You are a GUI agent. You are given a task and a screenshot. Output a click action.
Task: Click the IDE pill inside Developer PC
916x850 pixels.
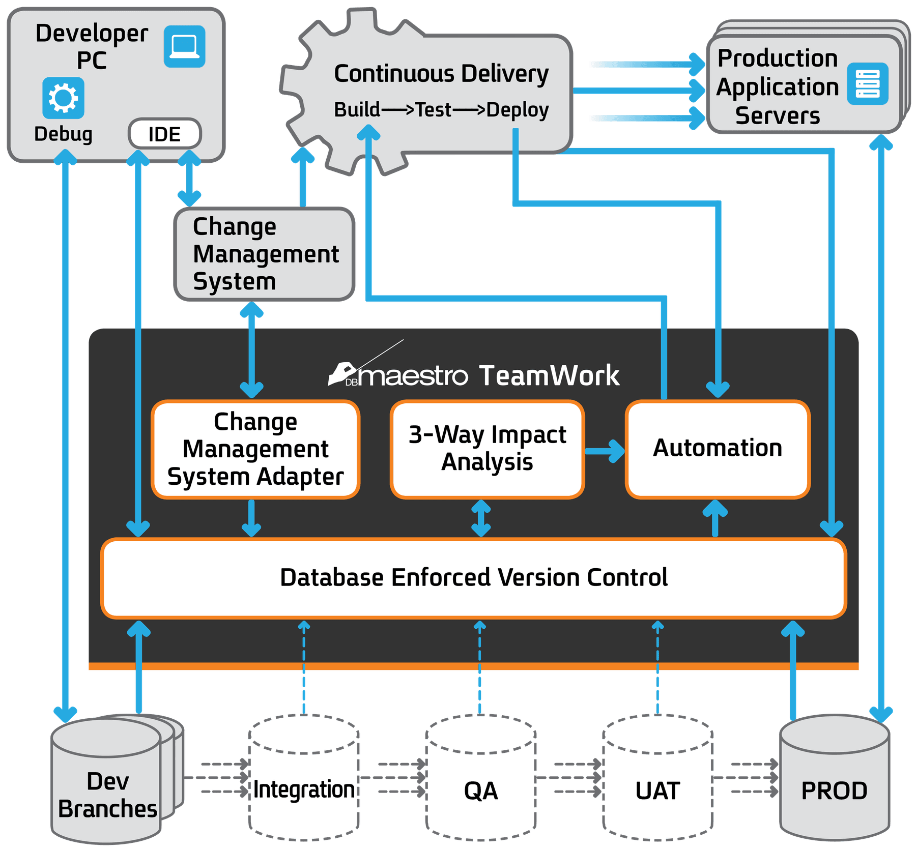[164, 134]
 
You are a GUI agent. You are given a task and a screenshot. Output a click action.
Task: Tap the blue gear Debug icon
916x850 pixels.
[63, 98]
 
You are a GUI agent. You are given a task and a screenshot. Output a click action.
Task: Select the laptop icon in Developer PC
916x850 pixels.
[184, 47]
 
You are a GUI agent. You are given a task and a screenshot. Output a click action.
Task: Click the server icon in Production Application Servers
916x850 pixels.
[868, 84]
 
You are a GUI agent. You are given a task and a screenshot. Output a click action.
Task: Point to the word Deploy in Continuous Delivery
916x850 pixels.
[517, 110]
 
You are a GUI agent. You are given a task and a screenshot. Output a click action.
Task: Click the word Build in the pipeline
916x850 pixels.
[357, 110]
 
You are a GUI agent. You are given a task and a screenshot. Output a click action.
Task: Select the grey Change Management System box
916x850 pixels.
[264, 254]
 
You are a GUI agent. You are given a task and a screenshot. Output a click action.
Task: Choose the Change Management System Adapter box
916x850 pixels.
[255, 449]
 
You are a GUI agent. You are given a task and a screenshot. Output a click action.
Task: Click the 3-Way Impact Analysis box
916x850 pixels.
[487, 449]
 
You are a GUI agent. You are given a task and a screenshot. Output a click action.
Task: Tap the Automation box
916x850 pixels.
[718, 449]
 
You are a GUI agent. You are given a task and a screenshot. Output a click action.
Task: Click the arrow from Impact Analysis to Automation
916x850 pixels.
[605, 451]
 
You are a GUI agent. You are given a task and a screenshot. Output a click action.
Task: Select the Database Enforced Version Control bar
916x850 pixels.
[473, 578]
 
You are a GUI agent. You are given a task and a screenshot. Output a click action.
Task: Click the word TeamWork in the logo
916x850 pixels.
[549, 376]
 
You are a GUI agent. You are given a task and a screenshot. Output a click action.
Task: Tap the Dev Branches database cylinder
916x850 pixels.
[107, 783]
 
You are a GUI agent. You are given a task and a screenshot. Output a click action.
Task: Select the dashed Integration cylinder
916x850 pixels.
[304, 778]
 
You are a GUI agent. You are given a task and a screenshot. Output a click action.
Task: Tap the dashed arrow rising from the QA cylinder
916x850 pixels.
[479, 666]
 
